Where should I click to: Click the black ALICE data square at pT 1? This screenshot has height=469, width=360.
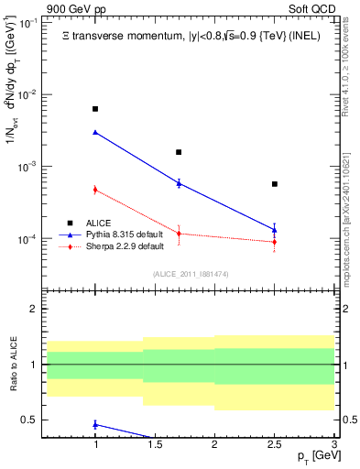coord(95,109)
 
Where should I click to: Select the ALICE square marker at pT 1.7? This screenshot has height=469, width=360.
coord(179,152)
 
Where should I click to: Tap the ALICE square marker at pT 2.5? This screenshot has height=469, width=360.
coord(275,184)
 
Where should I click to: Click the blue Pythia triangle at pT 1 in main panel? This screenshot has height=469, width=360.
coord(95,132)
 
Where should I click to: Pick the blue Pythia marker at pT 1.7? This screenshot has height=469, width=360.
coord(179,183)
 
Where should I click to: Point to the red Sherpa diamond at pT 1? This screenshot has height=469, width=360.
coord(95,190)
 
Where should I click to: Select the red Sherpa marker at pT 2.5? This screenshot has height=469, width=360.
coord(275,242)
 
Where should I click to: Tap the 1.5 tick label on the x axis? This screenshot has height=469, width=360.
coord(155,446)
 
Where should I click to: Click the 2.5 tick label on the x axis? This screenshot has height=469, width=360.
coord(275,446)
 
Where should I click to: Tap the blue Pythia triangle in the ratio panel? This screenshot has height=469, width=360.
coord(95,424)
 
